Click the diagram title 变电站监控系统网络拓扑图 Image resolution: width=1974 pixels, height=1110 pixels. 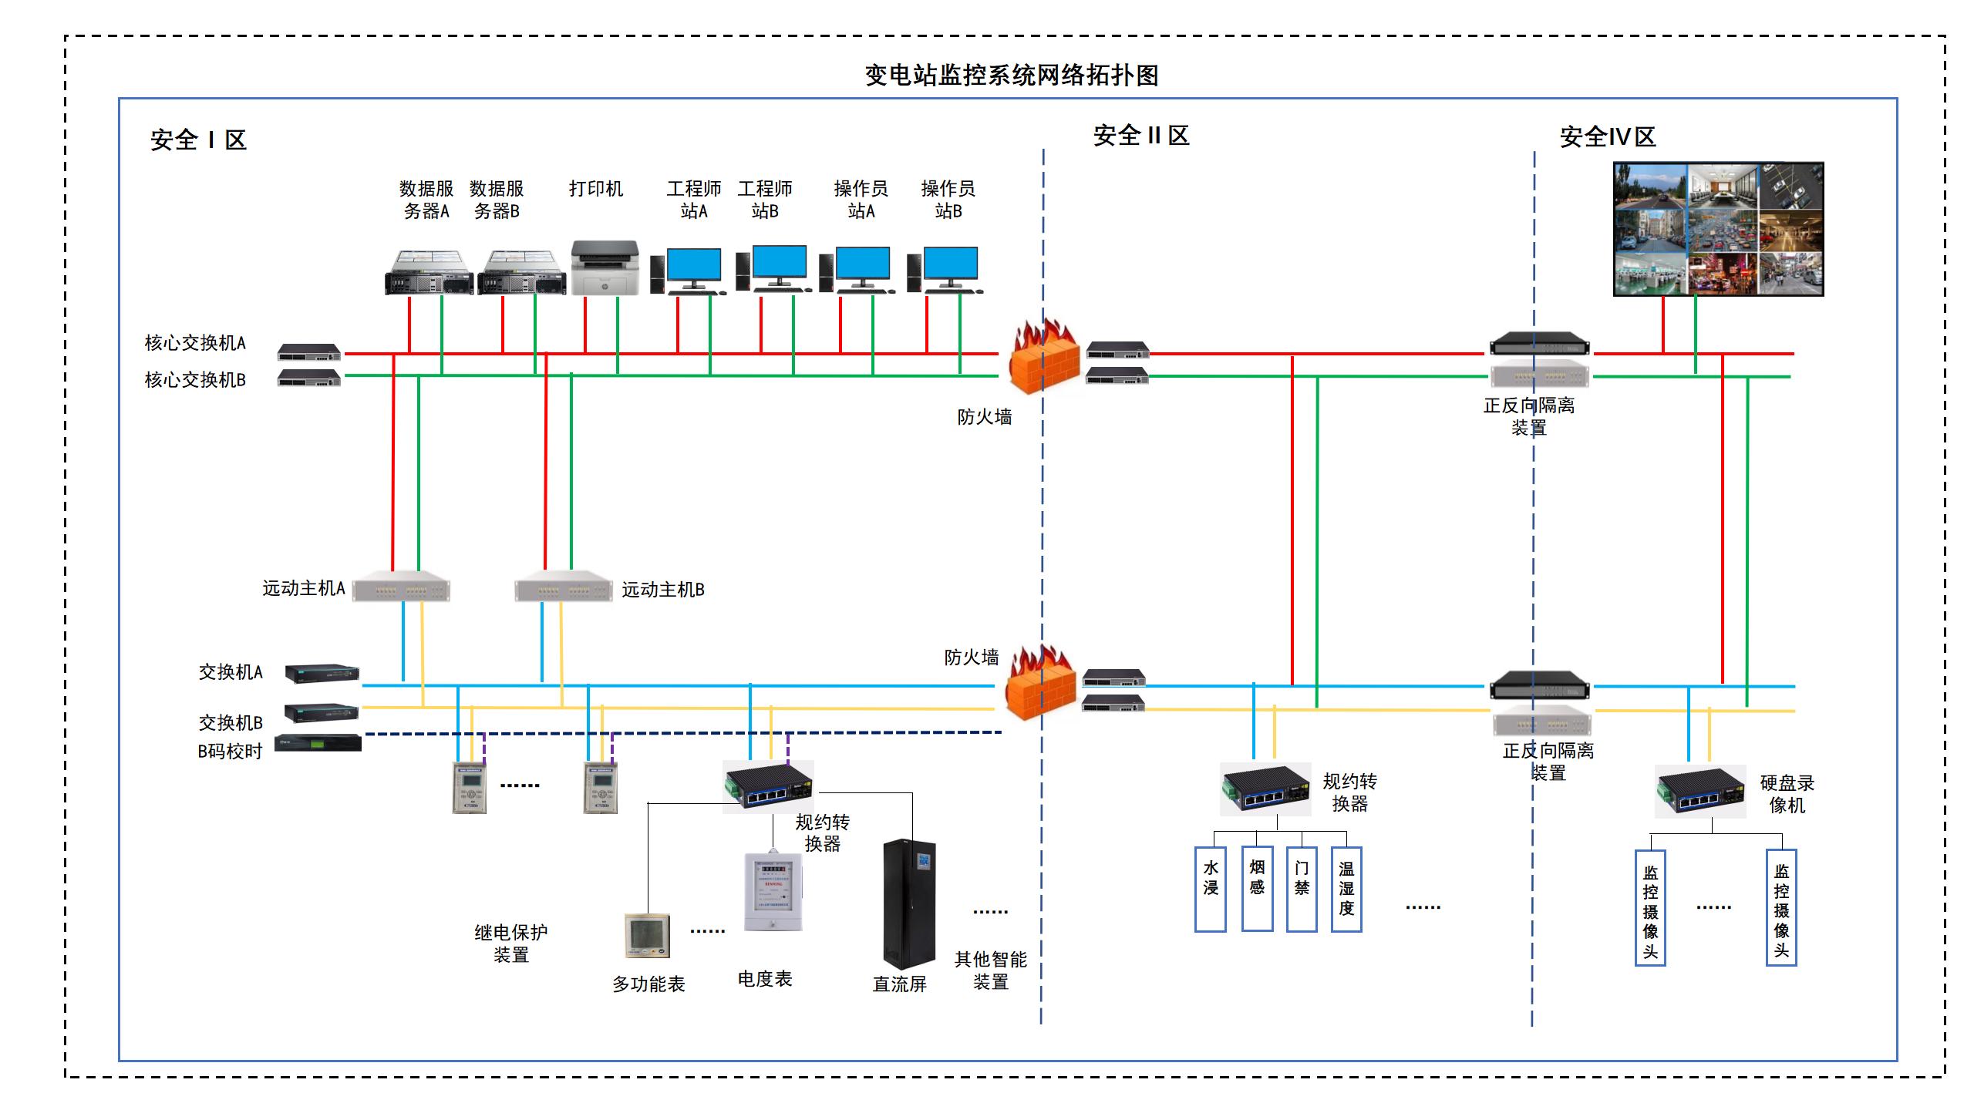[x=1011, y=76]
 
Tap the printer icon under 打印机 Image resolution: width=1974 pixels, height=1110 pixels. [x=605, y=267]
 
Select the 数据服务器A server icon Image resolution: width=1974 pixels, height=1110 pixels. [x=429, y=273]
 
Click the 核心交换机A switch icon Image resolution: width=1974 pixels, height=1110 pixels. [x=309, y=352]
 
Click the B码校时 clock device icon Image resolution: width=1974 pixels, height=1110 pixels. [x=318, y=743]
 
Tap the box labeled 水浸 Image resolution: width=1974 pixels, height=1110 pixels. [x=1211, y=889]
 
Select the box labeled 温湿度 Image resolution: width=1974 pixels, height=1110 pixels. [x=1346, y=889]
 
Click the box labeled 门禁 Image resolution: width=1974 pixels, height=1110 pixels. [x=1302, y=889]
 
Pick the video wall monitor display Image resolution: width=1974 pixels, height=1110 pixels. [x=1718, y=229]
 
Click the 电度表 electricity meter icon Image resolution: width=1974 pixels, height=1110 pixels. [x=773, y=892]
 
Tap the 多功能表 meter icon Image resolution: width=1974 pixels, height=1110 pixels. [x=647, y=936]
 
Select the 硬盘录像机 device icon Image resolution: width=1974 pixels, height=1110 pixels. [x=1699, y=792]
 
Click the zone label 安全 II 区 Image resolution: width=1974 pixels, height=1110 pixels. [x=1140, y=136]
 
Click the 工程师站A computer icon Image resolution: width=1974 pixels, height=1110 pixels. [x=688, y=271]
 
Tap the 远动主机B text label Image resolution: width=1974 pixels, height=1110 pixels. [x=663, y=590]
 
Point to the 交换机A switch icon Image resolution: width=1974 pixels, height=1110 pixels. [x=322, y=673]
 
